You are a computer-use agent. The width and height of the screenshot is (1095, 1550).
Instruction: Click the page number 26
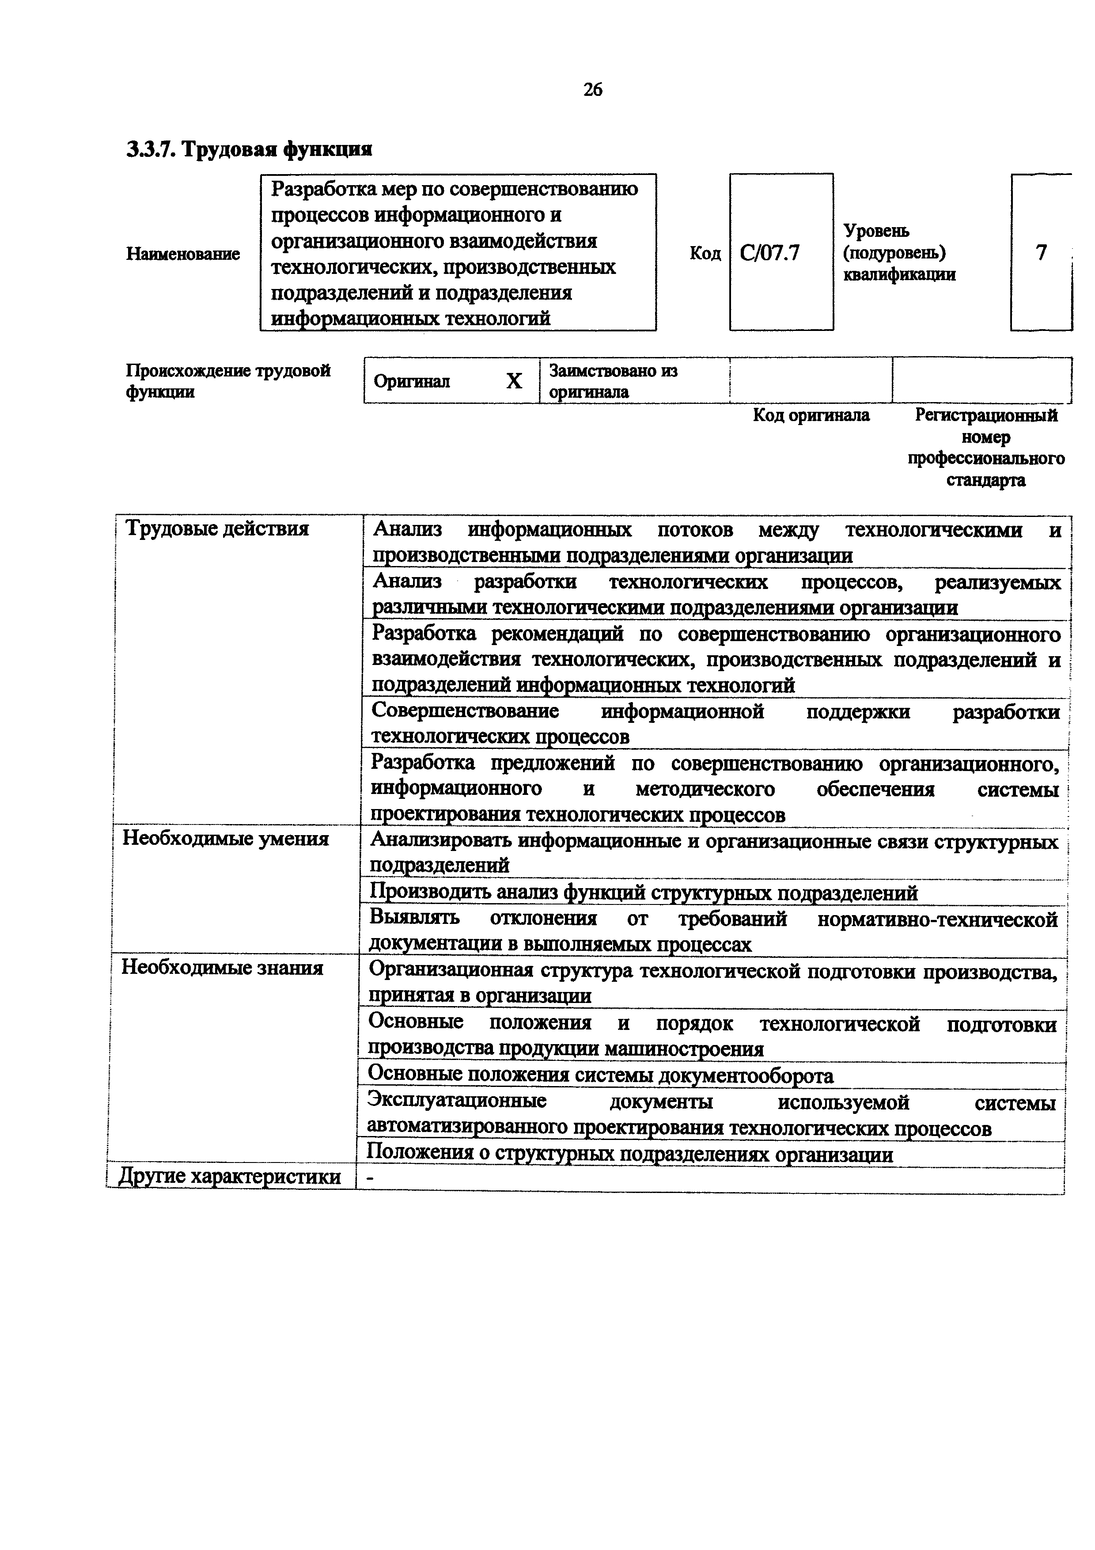pyautogui.click(x=592, y=89)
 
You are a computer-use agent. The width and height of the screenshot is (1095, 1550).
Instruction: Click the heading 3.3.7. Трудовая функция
pyautogui.click(x=250, y=148)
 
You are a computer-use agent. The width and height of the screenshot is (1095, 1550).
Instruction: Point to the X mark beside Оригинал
pyautogui.click(x=514, y=381)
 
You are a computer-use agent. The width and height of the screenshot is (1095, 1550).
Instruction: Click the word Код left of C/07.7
pyautogui.click(x=705, y=254)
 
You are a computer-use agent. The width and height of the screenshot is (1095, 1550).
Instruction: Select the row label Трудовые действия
pyautogui.click(x=217, y=528)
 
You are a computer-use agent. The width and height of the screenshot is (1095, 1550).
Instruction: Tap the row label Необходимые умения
pyautogui.click(x=225, y=839)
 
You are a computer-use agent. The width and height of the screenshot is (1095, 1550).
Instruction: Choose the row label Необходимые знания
pyautogui.click(x=222, y=968)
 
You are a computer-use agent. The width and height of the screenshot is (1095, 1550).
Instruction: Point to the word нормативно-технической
pyautogui.click(x=937, y=919)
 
